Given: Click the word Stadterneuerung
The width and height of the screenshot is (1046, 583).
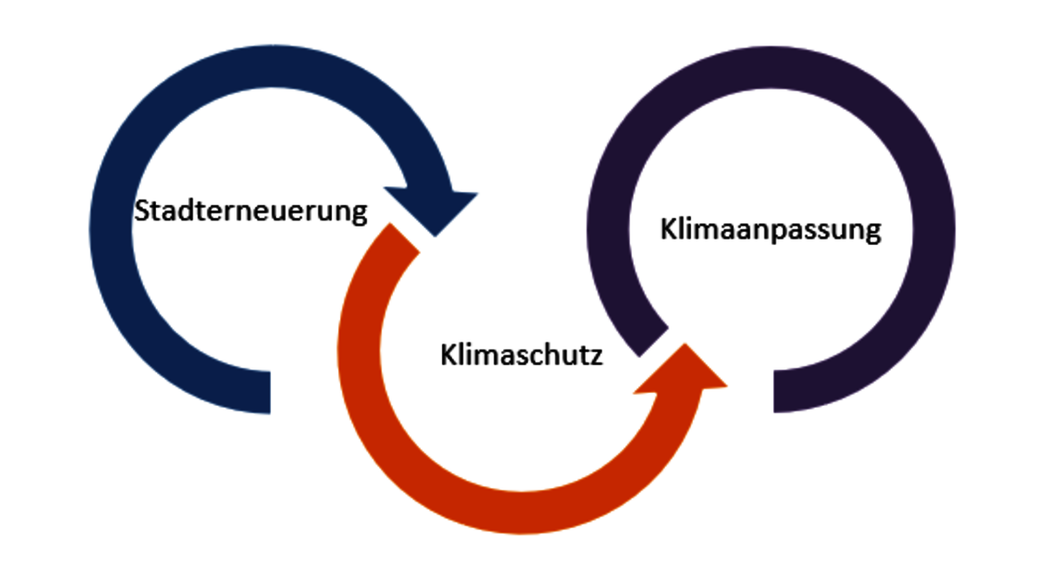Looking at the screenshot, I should (x=250, y=212).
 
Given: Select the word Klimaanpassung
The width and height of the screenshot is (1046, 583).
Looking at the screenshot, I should (x=771, y=231).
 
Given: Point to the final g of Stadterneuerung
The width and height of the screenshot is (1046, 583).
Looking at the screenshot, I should (x=358, y=215).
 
